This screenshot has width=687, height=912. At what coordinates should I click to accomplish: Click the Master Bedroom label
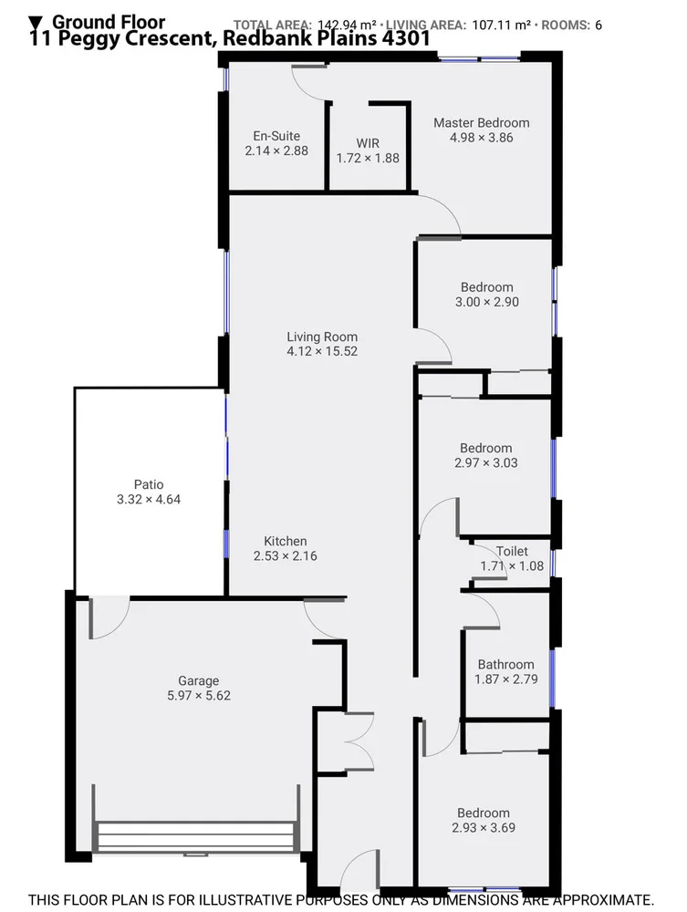(481, 123)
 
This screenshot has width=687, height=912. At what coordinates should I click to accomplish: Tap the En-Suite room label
(276, 137)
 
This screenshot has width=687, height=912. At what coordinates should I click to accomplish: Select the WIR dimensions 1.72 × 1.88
(368, 158)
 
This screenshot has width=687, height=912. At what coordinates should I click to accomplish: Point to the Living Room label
(322, 337)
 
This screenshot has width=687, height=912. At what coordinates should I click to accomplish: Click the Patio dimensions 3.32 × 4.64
(149, 499)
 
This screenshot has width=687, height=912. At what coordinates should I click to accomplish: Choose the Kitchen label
(286, 541)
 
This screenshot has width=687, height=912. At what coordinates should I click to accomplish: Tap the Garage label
(198, 680)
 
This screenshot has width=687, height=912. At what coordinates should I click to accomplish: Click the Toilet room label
(512, 552)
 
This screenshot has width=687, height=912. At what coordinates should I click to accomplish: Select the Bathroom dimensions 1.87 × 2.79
(505, 679)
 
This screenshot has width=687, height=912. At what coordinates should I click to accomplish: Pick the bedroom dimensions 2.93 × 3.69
(484, 828)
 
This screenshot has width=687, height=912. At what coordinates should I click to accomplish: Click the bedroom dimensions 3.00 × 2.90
(486, 302)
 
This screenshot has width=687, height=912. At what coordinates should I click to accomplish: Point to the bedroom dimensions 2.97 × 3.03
(485, 462)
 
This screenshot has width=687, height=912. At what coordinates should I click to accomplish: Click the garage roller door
(195, 836)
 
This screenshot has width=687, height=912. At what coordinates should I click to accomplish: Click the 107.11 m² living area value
(501, 25)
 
